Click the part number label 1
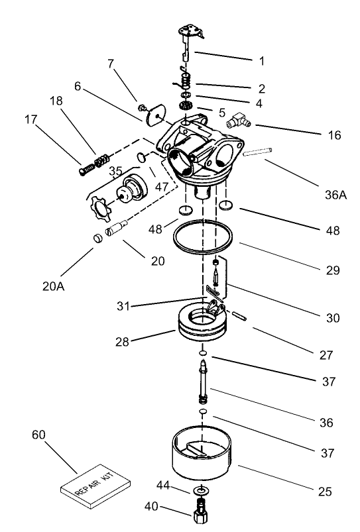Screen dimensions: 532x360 tap(261, 60)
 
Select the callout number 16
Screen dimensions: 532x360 tap(334, 135)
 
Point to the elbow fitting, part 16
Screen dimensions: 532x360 tap(237, 120)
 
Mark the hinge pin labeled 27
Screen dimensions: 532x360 tap(241, 313)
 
